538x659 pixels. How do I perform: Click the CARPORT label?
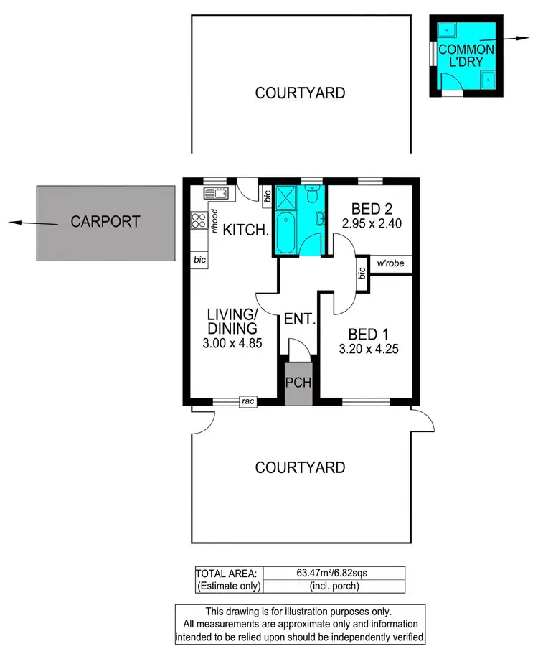[x=105, y=222]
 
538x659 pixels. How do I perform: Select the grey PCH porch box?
[x=298, y=383]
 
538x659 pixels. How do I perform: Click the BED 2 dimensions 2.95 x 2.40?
[x=371, y=223]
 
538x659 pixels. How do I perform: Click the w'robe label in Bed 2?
[x=392, y=263]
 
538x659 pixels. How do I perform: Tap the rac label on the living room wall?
[x=249, y=402]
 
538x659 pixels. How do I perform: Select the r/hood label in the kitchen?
[x=214, y=220]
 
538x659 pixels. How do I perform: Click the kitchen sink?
[x=214, y=193]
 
